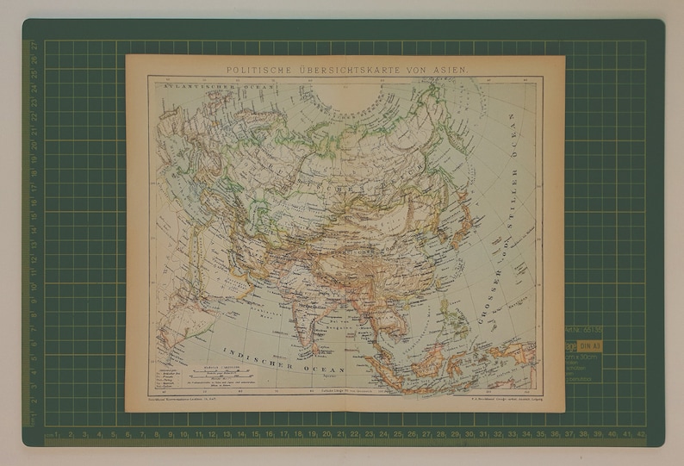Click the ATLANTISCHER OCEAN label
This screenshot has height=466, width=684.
[x=186, y=87]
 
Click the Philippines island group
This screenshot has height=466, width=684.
[x=464, y=323]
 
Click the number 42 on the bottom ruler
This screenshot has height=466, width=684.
[x=640, y=433]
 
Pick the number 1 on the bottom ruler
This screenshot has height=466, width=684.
[x=56, y=433]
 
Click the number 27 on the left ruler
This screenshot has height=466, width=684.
[x=35, y=47]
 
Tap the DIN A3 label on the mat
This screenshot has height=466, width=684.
[x=594, y=345]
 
